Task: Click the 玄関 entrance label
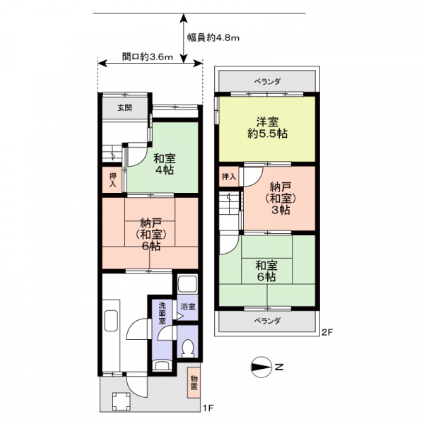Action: (x=124, y=108)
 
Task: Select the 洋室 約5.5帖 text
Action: (x=266, y=127)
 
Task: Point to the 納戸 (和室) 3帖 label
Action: (x=281, y=199)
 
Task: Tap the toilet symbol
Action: (x=187, y=348)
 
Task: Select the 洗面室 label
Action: (x=161, y=312)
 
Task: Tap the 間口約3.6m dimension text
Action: (x=147, y=58)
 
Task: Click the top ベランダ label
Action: (x=267, y=82)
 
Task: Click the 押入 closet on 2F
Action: (x=228, y=177)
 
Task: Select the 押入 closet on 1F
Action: (x=112, y=179)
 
